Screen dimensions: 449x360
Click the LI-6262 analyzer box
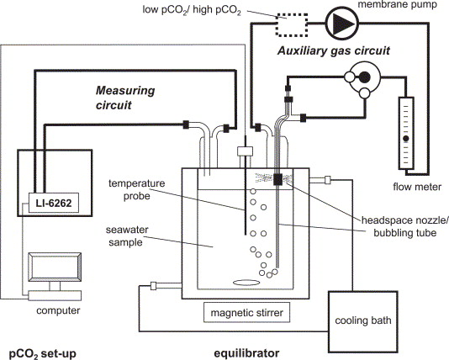[54, 203]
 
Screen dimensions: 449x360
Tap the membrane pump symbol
[342, 23]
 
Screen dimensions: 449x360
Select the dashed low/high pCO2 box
[292, 25]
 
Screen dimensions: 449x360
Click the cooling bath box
[362, 321]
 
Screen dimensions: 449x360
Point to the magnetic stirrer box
[247, 312]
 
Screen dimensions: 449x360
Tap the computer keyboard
[55, 295]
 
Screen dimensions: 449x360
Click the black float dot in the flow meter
[406, 139]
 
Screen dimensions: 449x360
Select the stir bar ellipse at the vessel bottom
[246, 283]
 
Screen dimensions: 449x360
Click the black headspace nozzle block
[277, 179]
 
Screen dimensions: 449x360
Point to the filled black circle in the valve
[365, 77]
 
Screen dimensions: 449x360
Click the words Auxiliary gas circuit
[333, 50]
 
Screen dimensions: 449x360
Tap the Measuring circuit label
[125, 98]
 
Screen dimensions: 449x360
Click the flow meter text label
[417, 187]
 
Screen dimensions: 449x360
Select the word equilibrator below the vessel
[246, 352]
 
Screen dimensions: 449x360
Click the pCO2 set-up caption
[43, 354]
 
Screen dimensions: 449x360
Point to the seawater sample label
[127, 236]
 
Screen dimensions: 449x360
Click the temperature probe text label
[136, 189]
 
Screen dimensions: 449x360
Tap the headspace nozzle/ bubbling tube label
[404, 226]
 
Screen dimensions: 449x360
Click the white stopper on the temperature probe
[246, 151]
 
